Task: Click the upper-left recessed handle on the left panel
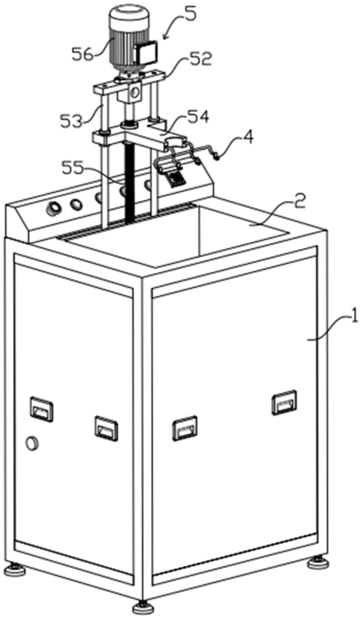point(41,409)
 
